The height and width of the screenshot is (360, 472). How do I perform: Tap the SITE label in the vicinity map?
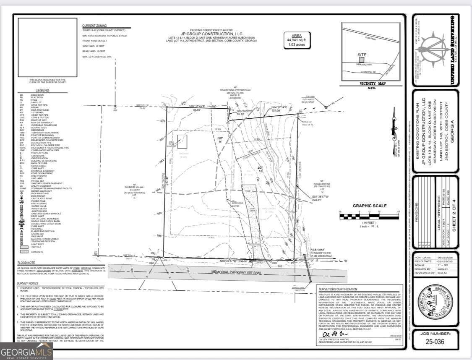pos(361,55)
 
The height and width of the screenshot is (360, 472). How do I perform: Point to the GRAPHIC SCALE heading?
pos(369,206)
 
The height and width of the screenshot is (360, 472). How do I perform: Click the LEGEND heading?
pos(42,90)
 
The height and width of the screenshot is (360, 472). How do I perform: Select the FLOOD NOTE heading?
pos(26,263)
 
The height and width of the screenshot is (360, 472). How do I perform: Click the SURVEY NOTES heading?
pos(28,284)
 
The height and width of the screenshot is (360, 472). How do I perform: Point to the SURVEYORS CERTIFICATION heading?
pos(338,289)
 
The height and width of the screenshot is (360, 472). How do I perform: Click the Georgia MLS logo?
pos(26,351)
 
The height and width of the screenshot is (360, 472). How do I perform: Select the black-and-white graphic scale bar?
pos(369,217)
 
